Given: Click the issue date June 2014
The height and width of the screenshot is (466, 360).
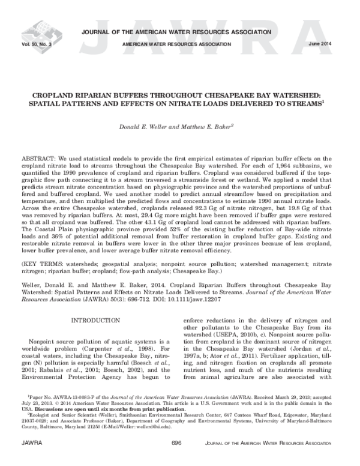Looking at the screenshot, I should pos(327,44).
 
